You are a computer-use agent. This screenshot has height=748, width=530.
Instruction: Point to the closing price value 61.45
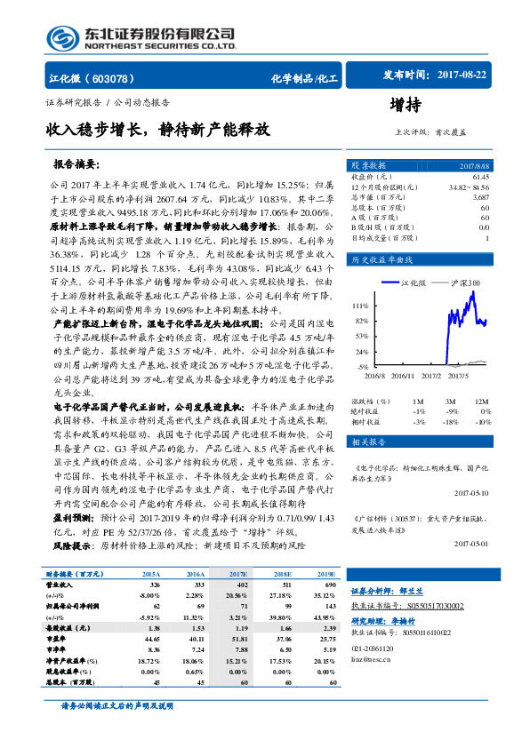(x=480, y=178)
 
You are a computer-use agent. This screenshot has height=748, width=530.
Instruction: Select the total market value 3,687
(x=480, y=197)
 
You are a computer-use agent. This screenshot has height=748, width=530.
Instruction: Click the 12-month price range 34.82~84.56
(x=469, y=187)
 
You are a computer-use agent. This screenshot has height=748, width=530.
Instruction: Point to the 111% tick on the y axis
(x=361, y=305)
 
